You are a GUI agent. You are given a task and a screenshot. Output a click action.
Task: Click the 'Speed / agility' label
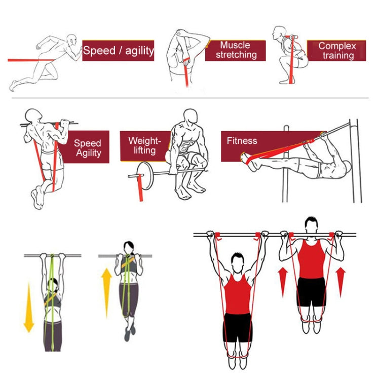point(118,51)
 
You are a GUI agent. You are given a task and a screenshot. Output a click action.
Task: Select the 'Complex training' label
point(337,51)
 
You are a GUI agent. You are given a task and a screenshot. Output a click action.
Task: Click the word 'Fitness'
point(242,141)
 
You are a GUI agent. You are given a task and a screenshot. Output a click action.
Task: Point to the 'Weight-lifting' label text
point(145,145)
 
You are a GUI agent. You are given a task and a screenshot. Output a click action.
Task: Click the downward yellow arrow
point(29,308)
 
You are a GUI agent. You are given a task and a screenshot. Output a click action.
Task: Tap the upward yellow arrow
point(106,293)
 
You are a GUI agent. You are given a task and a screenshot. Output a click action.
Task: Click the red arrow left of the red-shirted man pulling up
point(283,282)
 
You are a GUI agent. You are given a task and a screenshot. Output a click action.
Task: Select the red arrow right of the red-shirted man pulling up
point(340,282)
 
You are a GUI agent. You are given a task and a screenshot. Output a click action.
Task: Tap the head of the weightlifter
point(190,118)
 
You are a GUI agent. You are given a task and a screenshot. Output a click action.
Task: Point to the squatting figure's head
point(279,32)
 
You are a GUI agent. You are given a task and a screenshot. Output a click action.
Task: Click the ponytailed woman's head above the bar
point(129,248)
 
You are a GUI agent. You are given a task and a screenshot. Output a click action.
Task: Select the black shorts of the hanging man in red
point(238,327)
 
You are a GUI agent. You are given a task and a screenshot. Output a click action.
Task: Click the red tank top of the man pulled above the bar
point(311,259)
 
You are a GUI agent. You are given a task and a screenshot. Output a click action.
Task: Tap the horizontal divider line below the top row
point(190,98)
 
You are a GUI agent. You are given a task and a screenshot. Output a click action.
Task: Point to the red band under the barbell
point(140,188)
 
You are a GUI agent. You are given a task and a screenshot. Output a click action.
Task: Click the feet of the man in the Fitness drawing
point(250,161)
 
